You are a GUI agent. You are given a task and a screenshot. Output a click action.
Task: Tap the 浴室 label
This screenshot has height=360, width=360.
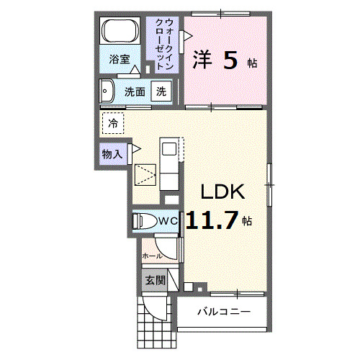coord(120,60)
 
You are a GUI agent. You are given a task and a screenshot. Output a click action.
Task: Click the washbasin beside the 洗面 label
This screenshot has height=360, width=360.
coord(108,91)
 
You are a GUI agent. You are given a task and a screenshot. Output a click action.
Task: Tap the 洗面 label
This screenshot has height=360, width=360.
coord(135,91)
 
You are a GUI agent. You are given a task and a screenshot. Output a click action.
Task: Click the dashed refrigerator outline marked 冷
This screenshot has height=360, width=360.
coord(112,123)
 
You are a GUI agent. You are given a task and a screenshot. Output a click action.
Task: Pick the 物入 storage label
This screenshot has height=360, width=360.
coord(112,154)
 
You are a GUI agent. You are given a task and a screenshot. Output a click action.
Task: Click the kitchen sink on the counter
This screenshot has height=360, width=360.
coord(168,150)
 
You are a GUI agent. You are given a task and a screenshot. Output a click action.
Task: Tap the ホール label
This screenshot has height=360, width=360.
coord(151,256)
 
